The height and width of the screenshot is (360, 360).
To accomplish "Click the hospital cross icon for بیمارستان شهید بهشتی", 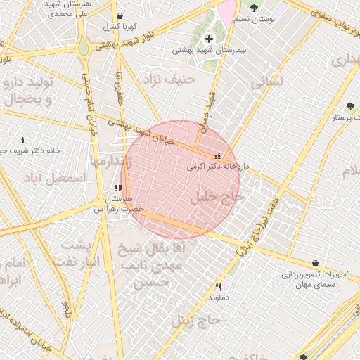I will point(209,38).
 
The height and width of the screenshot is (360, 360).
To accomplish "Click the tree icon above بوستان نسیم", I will point(254,8).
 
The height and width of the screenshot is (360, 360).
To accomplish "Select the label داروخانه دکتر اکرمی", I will point(218,167).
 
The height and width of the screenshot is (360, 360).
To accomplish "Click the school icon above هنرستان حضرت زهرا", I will point(117,188).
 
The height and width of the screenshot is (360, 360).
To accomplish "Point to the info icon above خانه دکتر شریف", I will point(23,140).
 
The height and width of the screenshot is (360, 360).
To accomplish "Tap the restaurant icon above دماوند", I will point(218,287).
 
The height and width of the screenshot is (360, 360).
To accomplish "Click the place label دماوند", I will point(218,298).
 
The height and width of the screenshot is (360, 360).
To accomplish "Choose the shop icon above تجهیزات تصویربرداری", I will point(314,263).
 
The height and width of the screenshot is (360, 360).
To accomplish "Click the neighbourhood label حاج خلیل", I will point(217,199).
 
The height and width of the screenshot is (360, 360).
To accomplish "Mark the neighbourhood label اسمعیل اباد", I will point(53,179).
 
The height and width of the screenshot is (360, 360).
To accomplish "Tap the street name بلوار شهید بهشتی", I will point(141,44).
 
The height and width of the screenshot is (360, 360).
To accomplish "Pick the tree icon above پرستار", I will point(349,106).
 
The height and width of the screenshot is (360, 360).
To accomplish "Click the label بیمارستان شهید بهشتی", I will point(209,51).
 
